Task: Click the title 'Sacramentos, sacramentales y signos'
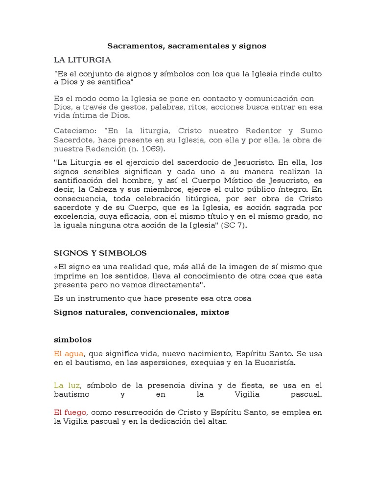click(187, 46)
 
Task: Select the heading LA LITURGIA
click(82, 60)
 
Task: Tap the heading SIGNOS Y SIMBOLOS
click(100, 253)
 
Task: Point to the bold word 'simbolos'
click(72, 339)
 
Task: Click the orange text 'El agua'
click(69, 353)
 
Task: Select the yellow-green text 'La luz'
click(66, 386)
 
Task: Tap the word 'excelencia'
click(73, 216)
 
